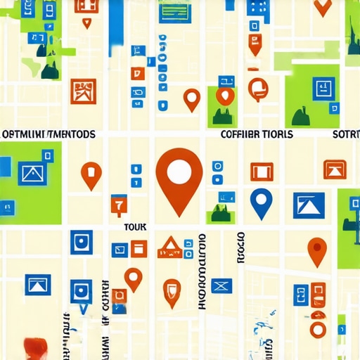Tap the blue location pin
[261, 202]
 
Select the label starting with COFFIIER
[256, 134]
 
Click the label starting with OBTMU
[48, 134]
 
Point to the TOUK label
[134, 227]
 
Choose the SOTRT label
[345, 134]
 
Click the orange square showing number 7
[118, 205]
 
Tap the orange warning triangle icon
[169, 247]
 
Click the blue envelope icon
[221, 285]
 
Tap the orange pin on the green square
[224, 96]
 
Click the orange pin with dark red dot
[317, 250]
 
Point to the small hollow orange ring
[318, 329]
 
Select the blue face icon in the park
[322, 89]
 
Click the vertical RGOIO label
[240, 247]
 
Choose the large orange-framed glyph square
[84, 91]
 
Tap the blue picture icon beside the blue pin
[308, 205]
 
